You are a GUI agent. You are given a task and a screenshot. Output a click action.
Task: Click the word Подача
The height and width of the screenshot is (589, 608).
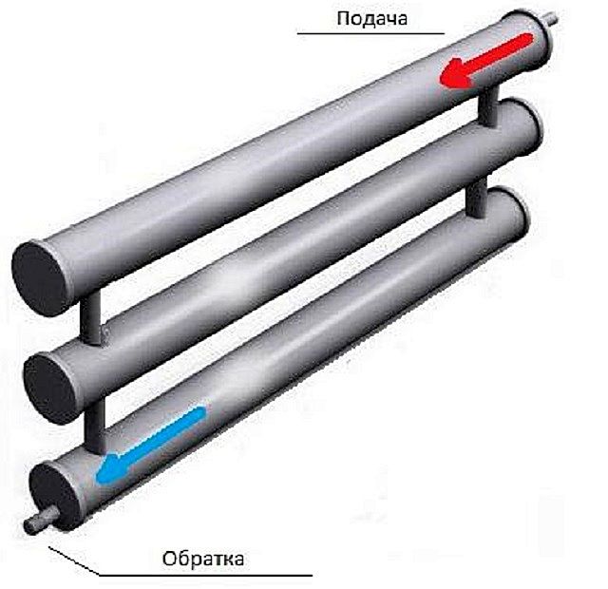pyautogui.click(x=367, y=19)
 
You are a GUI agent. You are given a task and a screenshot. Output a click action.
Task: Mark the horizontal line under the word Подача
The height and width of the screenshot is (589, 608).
pyautogui.click(x=370, y=34)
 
